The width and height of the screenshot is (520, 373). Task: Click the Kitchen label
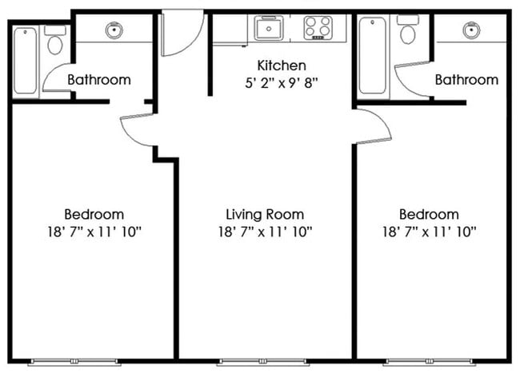pyautogui.click(x=282, y=65)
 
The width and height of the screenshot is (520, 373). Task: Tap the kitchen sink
pyautogui.click(x=269, y=28)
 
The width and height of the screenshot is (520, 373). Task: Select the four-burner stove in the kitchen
pyautogui.click(x=318, y=28)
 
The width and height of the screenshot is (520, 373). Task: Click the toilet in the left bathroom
pyautogui.click(x=55, y=40)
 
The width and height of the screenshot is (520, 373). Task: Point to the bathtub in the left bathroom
pyautogui.click(x=26, y=61)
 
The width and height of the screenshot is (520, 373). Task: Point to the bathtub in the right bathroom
pyautogui.click(x=373, y=56)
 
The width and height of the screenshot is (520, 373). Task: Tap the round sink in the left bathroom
pyautogui.click(x=114, y=30)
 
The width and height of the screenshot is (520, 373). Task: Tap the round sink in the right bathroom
pyautogui.click(x=471, y=30)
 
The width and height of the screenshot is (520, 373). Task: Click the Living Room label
pyautogui.click(x=265, y=215)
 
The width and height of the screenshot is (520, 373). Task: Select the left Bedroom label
pyautogui.click(x=94, y=215)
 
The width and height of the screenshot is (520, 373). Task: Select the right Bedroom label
pyautogui.click(x=429, y=215)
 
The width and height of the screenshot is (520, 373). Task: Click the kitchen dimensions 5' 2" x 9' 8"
pyautogui.click(x=282, y=83)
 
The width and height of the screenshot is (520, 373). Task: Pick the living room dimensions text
pyautogui.click(x=265, y=232)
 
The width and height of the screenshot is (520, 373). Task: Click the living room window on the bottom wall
pyautogui.click(x=263, y=362)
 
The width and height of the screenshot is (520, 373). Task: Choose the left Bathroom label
pyautogui.click(x=99, y=80)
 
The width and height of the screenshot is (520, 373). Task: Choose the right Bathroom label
pyautogui.click(x=466, y=80)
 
